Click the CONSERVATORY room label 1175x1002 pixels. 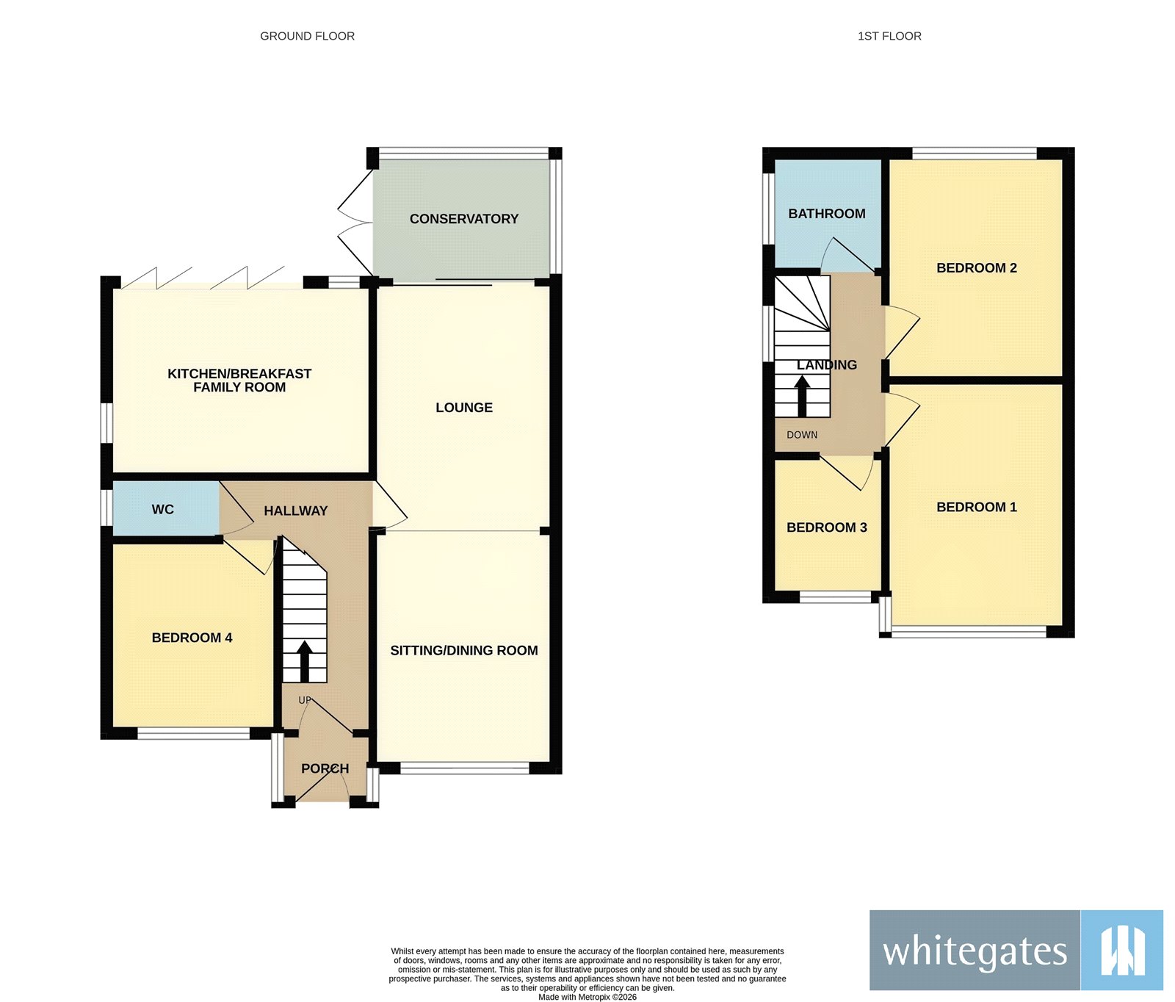pyautogui.click(x=463, y=219)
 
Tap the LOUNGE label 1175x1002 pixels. pyautogui.click(x=463, y=408)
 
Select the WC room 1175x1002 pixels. pyautogui.click(x=163, y=510)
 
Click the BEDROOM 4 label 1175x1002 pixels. pyautogui.click(x=192, y=638)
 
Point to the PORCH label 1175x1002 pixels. pyautogui.click(x=325, y=768)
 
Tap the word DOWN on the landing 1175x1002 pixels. pyautogui.click(x=802, y=435)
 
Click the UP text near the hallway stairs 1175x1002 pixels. pyautogui.click(x=305, y=700)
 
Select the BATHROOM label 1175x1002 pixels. pyautogui.click(x=826, y=214)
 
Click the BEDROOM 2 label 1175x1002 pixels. pyautogui.click(x=976, y=268)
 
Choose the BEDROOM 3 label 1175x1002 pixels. pyautogui.click(x=826, y=527)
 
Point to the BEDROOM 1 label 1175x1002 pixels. pyautogui.click(x=976, y=507)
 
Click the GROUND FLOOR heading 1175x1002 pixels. pyautogui.click(x=307, y=36)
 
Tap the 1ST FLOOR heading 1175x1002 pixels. pyautogui.click(x=889, y=36)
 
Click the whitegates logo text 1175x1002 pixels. pyautogui.click(x=974, y=951)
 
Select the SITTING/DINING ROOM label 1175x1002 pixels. pyautogui.click(x=463, y=650)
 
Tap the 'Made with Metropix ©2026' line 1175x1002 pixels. pyautogui.click(x=587, y=997)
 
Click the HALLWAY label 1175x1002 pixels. pyautogui.click(x=295, y=511)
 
